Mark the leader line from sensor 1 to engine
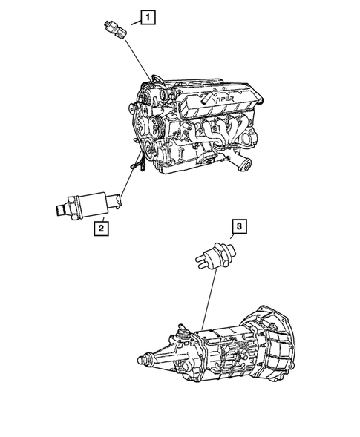tap(136, 59)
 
